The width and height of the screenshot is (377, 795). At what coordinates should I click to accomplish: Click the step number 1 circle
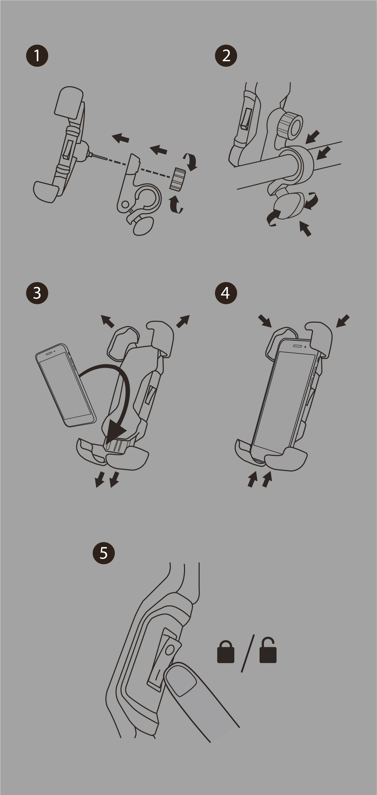[37, 56]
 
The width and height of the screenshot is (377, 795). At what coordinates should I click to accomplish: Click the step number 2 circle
[226, 56]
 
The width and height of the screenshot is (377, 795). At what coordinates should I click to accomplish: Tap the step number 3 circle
[37, 293]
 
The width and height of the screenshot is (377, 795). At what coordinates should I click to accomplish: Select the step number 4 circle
[226, 293]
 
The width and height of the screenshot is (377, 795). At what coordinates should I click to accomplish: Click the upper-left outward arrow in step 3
[107, 321]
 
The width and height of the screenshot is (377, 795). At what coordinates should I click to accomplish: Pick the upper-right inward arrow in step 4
[343, 321]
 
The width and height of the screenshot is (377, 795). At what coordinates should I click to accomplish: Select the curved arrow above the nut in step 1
[191, 161]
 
